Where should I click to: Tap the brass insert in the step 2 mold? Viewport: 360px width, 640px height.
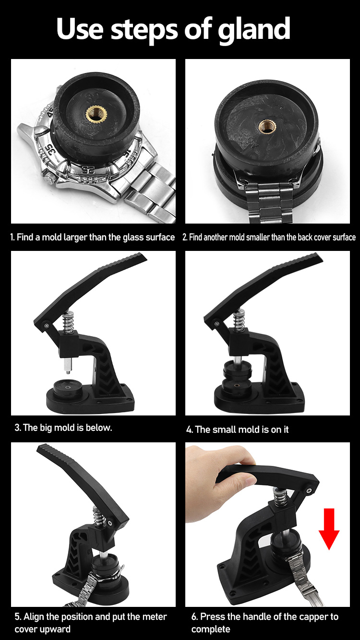265,127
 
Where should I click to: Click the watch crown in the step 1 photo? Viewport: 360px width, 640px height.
48,178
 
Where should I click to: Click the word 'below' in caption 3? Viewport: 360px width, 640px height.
98,427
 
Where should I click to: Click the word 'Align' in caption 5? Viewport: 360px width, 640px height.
35,616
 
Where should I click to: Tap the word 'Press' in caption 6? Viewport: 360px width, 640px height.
213,616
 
